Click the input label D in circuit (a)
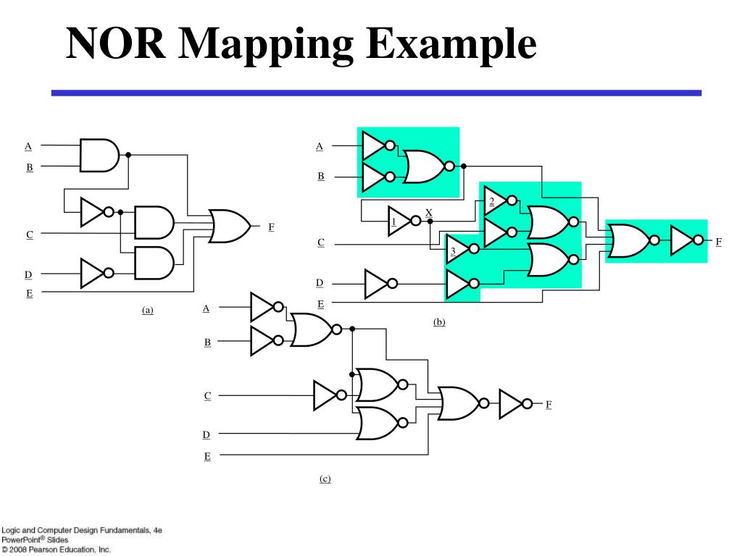[x=29, y=274]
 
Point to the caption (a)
[x=148, y=310]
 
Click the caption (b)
[x=439, y=322]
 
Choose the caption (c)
[x=325, y=479]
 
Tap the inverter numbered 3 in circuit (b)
[x=458, y=249]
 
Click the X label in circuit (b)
[x=429, y=212]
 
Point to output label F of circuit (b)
[x=719, y=241]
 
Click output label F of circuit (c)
[x=549, y=404]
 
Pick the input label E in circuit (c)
[x=207, y=456]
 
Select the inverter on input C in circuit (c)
[x=326, y=395]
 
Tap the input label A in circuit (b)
[x=320, y=146]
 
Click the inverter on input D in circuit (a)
[x=93, y=273]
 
